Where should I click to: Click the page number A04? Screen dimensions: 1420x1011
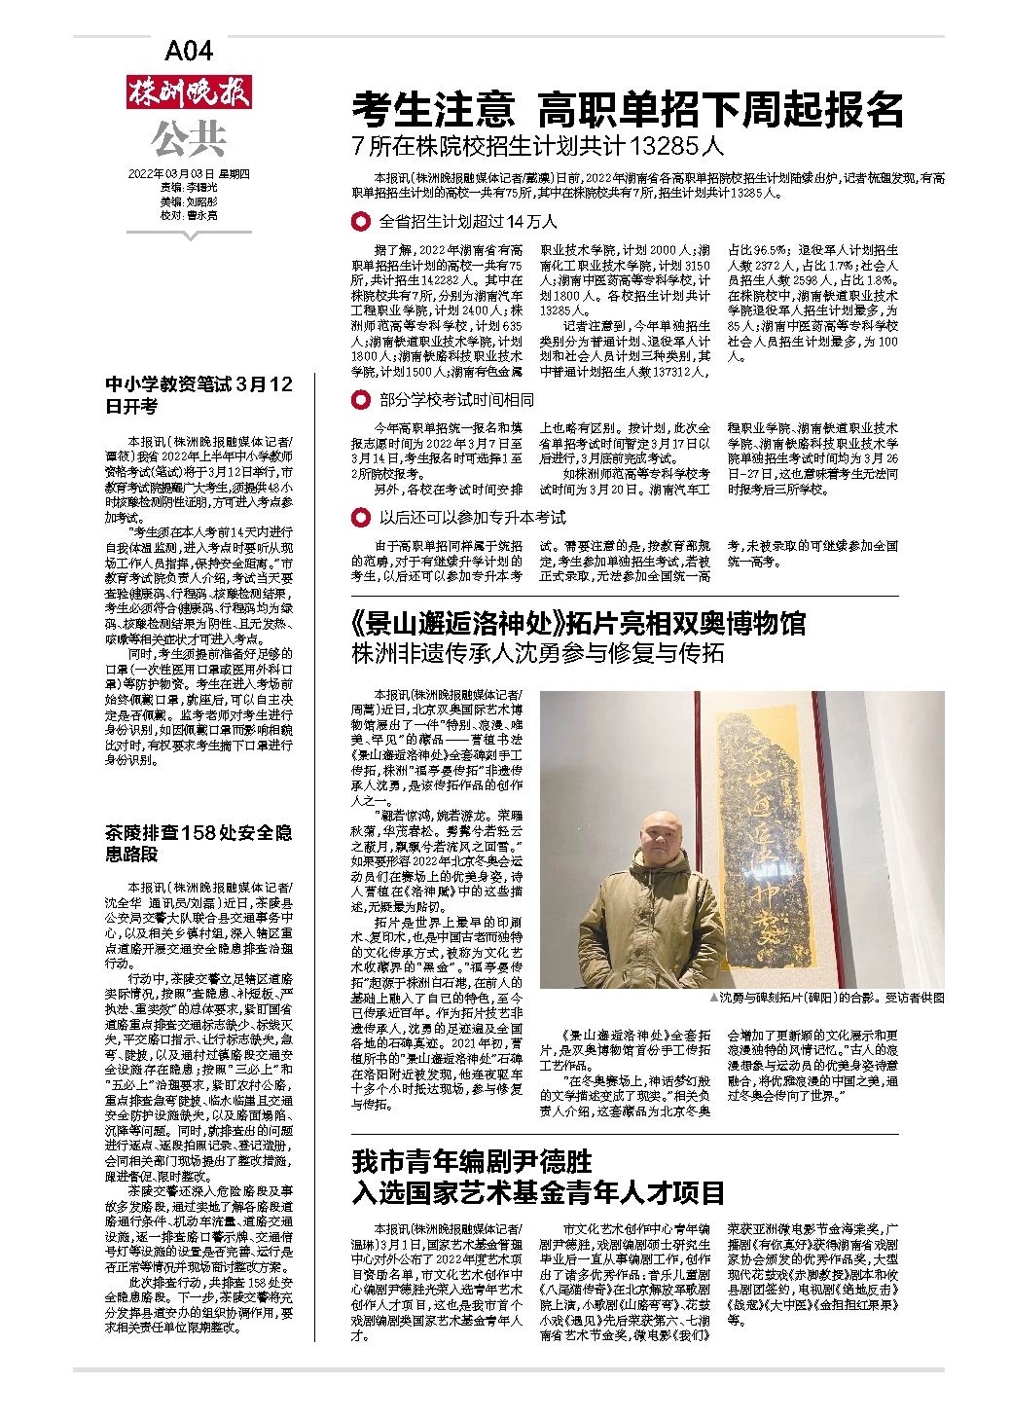pos(189,51)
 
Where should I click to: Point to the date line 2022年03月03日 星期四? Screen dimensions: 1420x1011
pos(189,174)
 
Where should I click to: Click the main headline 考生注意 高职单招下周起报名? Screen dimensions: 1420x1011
pos(628,110)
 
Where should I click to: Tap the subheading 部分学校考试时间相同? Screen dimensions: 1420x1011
pos(456,400)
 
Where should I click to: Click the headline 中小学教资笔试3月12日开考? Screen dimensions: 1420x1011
pos(199,395)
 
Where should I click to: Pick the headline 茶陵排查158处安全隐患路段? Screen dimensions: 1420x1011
pos(199,843)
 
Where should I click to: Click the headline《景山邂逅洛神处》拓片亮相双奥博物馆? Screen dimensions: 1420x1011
pos(579,623)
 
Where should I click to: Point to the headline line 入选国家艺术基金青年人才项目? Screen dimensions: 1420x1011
pos(538,1191)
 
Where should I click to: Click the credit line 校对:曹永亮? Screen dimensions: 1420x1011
pos(189,214)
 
